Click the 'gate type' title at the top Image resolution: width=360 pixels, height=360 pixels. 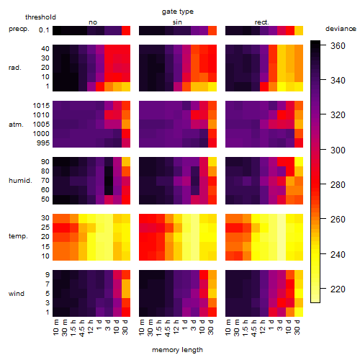[x=178, y=12]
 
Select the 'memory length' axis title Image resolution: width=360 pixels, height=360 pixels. [x=177, y=350]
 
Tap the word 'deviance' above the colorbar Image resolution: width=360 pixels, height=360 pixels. [x=341, y=29]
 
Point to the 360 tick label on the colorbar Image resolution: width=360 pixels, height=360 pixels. [x=338, y=45]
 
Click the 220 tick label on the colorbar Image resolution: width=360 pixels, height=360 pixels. [x=338, y=289]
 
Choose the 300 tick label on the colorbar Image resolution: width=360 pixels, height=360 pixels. [x=338, y=150]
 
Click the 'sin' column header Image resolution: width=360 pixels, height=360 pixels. [x=177, y=22]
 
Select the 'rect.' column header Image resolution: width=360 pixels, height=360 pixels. [x=262, y=22]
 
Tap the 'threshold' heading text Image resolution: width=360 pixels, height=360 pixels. [x=40, y=17]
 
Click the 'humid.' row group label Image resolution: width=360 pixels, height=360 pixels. [x=20, y=180]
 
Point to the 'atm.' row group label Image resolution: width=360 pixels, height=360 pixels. [x=16, y=125]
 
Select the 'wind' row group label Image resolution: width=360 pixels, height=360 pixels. [x=17, y=293]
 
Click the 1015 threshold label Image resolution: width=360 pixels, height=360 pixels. [x=41, y=106]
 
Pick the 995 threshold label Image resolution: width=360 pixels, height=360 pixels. [x=43, y=143]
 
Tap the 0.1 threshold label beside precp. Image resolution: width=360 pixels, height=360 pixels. [x=44, y=30]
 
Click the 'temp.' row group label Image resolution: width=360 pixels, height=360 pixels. [x=18, y=236]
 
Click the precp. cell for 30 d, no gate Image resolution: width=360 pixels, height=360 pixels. [x=126, y=30]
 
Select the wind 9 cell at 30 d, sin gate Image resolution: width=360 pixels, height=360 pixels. [x=212, y=274]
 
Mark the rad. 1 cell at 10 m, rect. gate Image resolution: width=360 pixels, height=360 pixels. [x=230, y=86]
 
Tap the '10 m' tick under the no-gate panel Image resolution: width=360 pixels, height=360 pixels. [x=55, y=328]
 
